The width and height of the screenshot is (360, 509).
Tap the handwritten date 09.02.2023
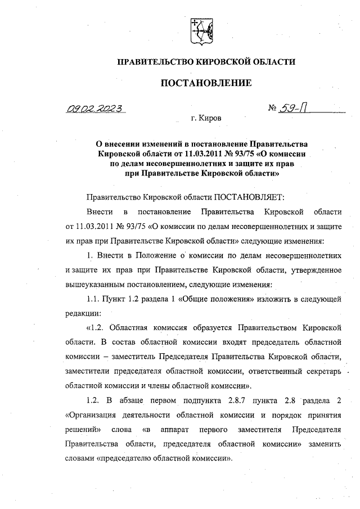coord(97,109)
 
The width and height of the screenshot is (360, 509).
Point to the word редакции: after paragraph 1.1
coord(84,312)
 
